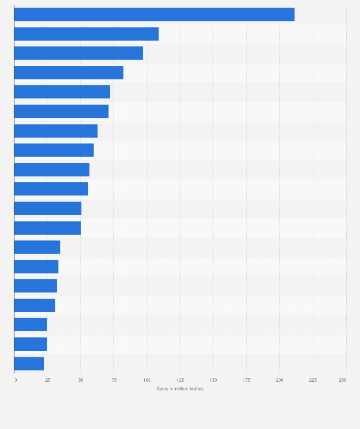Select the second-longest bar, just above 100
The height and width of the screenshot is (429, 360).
[x=86, y=34]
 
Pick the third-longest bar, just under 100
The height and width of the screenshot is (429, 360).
[x=79, y=53]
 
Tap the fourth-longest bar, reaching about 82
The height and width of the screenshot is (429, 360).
[x=69, y=73]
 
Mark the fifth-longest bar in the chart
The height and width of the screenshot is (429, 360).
[x=62, y=92]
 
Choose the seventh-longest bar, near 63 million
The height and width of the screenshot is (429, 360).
[x=56, y=131]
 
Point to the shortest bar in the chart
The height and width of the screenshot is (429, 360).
[x=29, y=364]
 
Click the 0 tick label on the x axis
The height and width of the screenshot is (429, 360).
[x=16, y=380]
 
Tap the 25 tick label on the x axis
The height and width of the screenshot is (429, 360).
[x=48, y=380]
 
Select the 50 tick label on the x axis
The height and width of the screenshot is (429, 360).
[x=81, y=380]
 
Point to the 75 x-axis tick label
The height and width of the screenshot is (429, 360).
[x=114, y=380]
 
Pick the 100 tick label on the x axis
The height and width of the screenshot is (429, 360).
[x=147, y=380]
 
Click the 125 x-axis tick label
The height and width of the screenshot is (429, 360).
[x=180, y=380]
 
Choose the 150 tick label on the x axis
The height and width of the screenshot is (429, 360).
[x=213, y=380]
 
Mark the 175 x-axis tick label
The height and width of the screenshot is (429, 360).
[x=246, y=380]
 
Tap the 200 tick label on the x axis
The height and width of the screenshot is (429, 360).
[x=280, y=380]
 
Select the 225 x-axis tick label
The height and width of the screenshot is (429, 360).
[x=313, y=380]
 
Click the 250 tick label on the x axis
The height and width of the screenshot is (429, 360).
[x=342, y=380]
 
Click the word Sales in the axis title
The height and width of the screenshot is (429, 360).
[x=162, y=389]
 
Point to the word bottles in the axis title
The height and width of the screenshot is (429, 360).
[x=196, y=389]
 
